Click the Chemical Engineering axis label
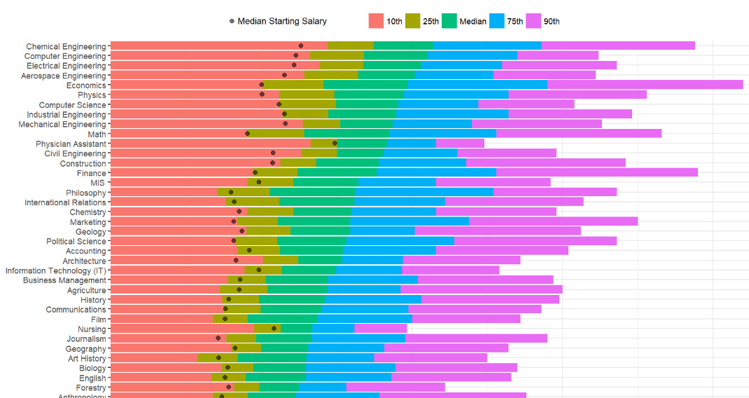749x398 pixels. (66, 46)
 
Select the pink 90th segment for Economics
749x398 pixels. (644, 85)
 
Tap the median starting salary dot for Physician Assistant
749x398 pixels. (335, 143)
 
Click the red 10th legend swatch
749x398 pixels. (376, 21)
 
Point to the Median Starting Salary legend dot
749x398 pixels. (232, 22)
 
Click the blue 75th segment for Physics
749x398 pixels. (456, 95)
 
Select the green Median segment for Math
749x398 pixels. (346, 133)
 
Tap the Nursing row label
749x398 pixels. (92, 329)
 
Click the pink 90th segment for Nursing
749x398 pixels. (380, 328)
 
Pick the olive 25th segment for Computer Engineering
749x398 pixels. (337, 55)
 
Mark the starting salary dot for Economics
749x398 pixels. (262, 85)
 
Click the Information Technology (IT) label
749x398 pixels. (56, 270)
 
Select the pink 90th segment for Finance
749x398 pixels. (596, 172)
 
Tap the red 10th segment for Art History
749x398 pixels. (154, 357)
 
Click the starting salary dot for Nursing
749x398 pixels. (274, 328)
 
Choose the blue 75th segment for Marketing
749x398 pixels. (409, 221)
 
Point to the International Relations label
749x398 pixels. (65, 203)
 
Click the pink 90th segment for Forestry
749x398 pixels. (395, 387)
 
